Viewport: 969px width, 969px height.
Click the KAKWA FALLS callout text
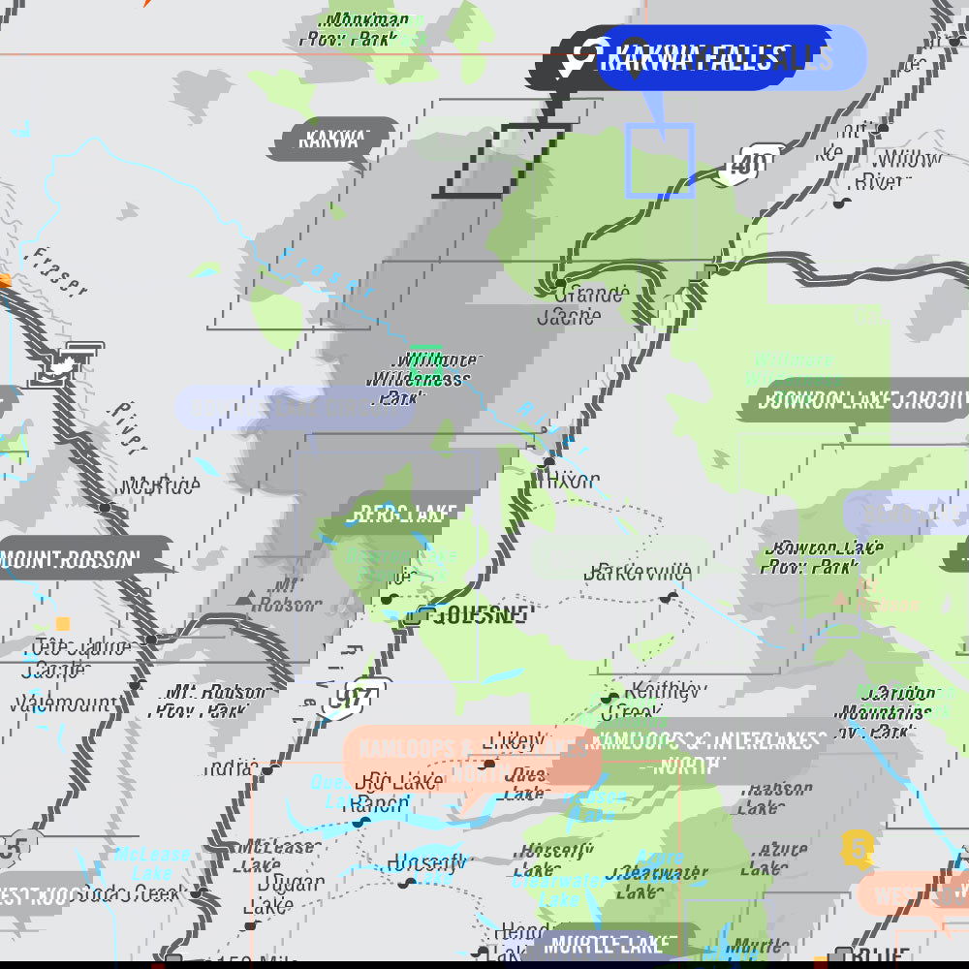pyautogui.click(x=689, y=58)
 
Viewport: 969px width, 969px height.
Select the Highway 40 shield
pyautogui.click(x=743, y=165)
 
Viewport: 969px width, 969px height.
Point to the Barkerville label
pyautogui.click(x=638, y=572)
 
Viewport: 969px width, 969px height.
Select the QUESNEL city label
pyautogui.click(x=482, y=614)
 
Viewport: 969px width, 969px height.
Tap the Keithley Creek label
pyautogui.click(x=663, y=701)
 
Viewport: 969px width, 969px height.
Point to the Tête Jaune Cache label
pyautogui.click(x=66, y=658)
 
